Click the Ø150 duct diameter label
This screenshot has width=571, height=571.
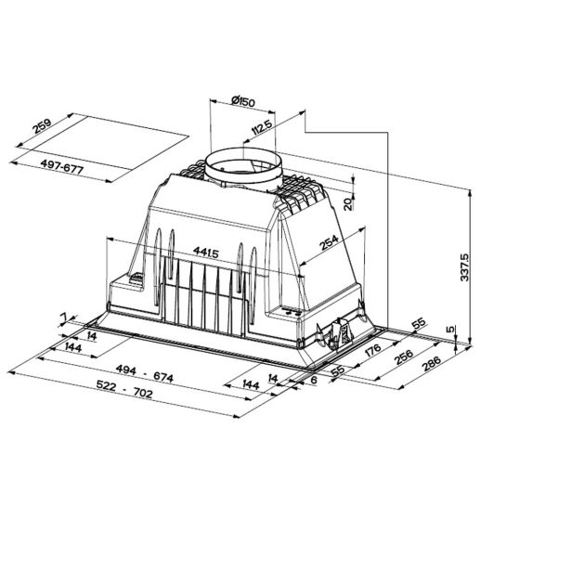point(243,101)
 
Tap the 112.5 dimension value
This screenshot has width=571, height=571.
point(262,127)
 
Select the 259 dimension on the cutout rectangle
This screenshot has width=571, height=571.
point(42,126)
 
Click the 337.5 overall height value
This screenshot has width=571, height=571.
point(464,267)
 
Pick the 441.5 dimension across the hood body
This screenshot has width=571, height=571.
point(206,252)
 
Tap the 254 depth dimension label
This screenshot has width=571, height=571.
point(330,242)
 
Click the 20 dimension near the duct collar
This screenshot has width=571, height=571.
point(348,204)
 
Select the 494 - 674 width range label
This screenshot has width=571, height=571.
point(145,373)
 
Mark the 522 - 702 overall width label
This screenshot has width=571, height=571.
point(124,389)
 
